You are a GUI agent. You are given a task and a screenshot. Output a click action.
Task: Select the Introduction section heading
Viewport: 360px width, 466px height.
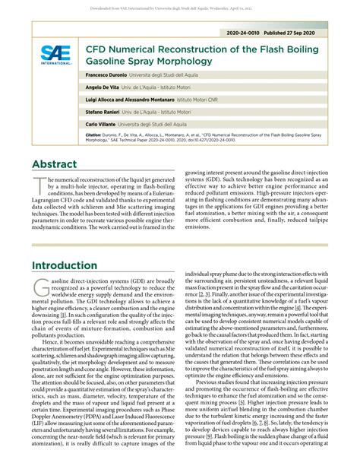70,265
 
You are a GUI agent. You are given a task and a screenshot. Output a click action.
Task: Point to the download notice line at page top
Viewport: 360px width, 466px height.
180,6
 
